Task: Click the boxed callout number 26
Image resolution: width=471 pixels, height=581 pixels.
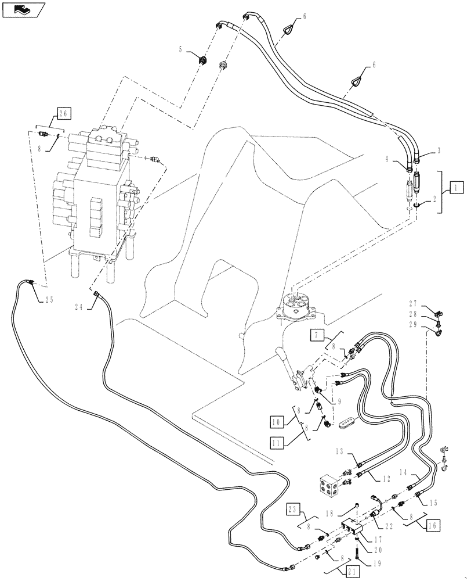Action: coord(64,113)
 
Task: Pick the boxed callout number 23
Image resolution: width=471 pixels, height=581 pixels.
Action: coord(294,510)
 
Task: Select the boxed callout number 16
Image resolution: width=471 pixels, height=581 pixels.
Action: coord(432,526)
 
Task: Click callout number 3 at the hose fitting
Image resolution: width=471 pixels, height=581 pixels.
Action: coord(439,150)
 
